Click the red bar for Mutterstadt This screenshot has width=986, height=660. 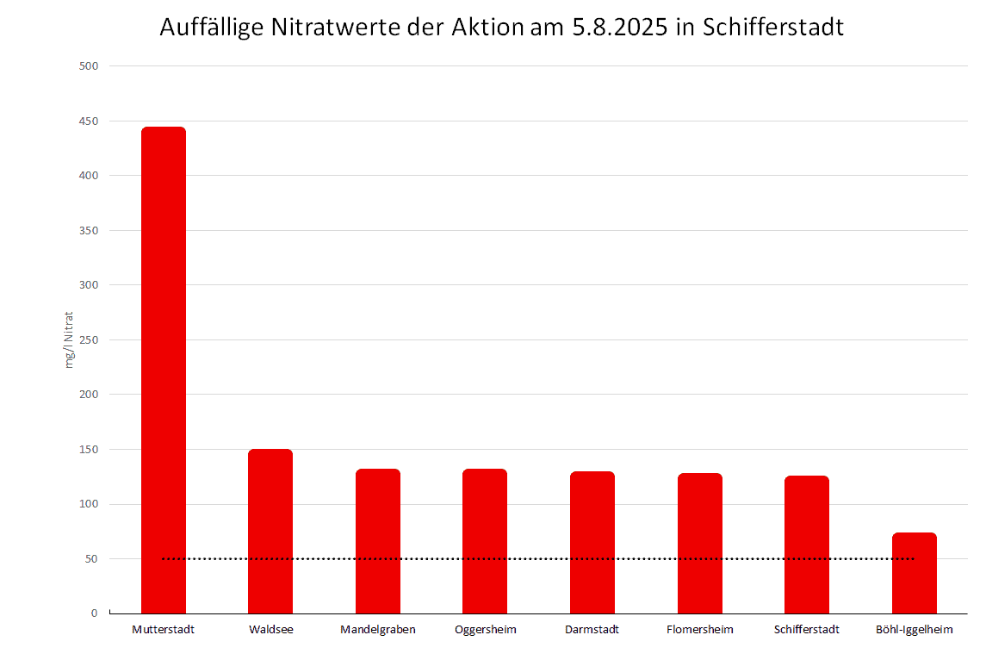[164, 370]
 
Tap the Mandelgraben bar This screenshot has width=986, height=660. [378, 541]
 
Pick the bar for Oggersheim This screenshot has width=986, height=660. [485, 541]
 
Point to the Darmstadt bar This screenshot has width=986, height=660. [592, 543]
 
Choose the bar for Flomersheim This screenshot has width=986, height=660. [700, 544]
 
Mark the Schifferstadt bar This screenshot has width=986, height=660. [807, 545]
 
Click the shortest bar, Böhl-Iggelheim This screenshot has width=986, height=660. [915, 573]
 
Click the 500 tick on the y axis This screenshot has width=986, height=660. [90, 66]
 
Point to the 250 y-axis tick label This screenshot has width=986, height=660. [90, 339]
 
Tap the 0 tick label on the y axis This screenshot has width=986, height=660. [95, 613]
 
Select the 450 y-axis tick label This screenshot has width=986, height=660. [90, 121]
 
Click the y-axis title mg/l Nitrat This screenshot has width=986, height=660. [71, 339]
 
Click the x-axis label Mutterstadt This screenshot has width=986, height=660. [164, 630]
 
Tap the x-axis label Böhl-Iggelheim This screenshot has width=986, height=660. [915, 630]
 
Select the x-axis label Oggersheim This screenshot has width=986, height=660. [486, 630]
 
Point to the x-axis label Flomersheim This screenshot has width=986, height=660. [700, 630]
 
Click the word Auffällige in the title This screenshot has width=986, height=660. [212, 28]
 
